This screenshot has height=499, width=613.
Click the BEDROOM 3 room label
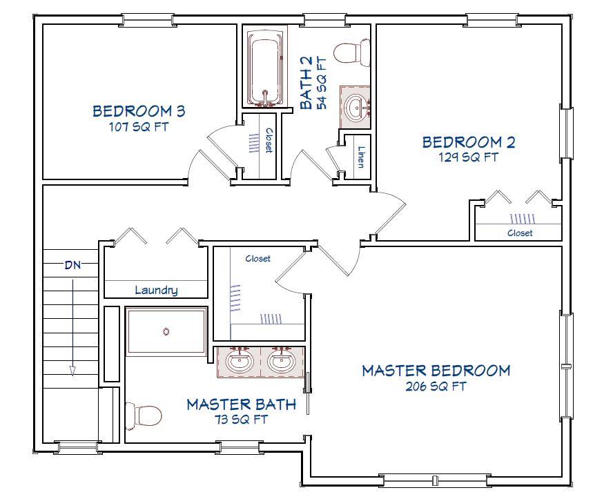(x=139, y=111)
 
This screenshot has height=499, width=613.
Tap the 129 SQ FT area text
(x=468, y=157)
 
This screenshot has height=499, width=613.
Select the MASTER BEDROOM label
(x=436, y=371)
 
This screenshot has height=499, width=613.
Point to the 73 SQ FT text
(x=241, y=420)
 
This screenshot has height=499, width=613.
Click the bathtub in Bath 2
(x=265, y=67)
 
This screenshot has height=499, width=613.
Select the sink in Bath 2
(x=356, y=107)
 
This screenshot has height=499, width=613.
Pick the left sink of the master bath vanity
(x=240, y=361)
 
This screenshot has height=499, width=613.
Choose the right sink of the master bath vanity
(x=281, y=361)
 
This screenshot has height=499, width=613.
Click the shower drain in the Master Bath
(x=166, y=332)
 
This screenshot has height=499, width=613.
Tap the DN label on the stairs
(x=72, y=265)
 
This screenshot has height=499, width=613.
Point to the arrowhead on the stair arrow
(x=72, y=371)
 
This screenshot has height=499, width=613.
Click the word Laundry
(x=157, y=290)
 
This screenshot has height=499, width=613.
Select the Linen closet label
(x=361, y=157)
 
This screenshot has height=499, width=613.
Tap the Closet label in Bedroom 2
(x=520, y=233)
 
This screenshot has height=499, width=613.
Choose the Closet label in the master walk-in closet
(x=258, y=258)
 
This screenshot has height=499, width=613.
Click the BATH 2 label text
(x=306, y=82)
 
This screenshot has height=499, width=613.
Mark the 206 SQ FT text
(x=436, y=387)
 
